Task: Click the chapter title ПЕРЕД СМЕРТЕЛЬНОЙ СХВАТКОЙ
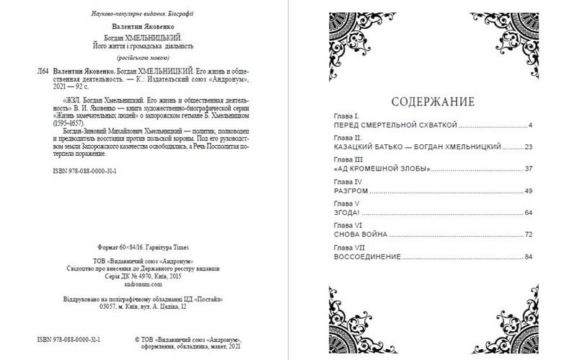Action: (x=396, y=125)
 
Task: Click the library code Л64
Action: (x=43, y=72)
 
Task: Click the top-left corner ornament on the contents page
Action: (x=351, y=36)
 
